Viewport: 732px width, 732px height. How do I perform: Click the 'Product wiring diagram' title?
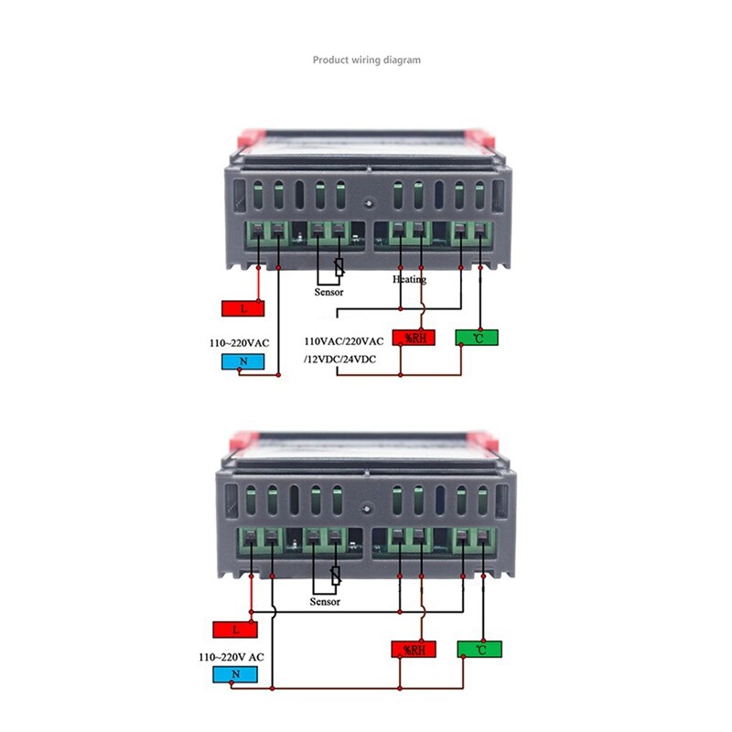pyautogui.click(x=367, y=60)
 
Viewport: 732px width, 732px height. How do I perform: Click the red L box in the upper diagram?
pyautogui.click(x=243, y=308)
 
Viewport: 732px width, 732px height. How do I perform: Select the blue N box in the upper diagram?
pyautogui.click(x=243, y=361)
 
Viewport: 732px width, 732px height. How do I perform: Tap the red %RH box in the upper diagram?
pyautogui.click(x=414, y=338)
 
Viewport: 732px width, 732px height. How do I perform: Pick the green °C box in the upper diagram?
pyautogui.click(x=478, y=338)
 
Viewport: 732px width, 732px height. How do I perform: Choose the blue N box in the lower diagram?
pyautogui.click(x=233, y=675)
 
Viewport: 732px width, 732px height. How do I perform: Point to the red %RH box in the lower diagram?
pyautogui.click(x=414, y=650)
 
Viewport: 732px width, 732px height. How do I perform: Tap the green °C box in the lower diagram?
pyautogui.click(x=478, y=650)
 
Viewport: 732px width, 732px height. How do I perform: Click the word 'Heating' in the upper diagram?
pyautogui.click(x=410, y=279)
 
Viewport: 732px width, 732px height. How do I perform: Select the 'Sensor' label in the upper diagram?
pyautogui.click(x=328, y=292)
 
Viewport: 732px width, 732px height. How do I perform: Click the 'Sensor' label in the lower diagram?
pyautogui.click(x=325, y=601)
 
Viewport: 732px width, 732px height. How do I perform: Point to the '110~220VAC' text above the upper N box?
pyautogui.click(x=240, y=342)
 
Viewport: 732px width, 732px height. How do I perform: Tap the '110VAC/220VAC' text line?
pyautogui.click(x=350, y=340)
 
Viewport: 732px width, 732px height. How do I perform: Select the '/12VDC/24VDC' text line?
pyautogui.click(x=339, y=359)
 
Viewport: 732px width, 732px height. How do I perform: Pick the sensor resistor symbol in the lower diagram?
pyautogui.click(x=336, y=577)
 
